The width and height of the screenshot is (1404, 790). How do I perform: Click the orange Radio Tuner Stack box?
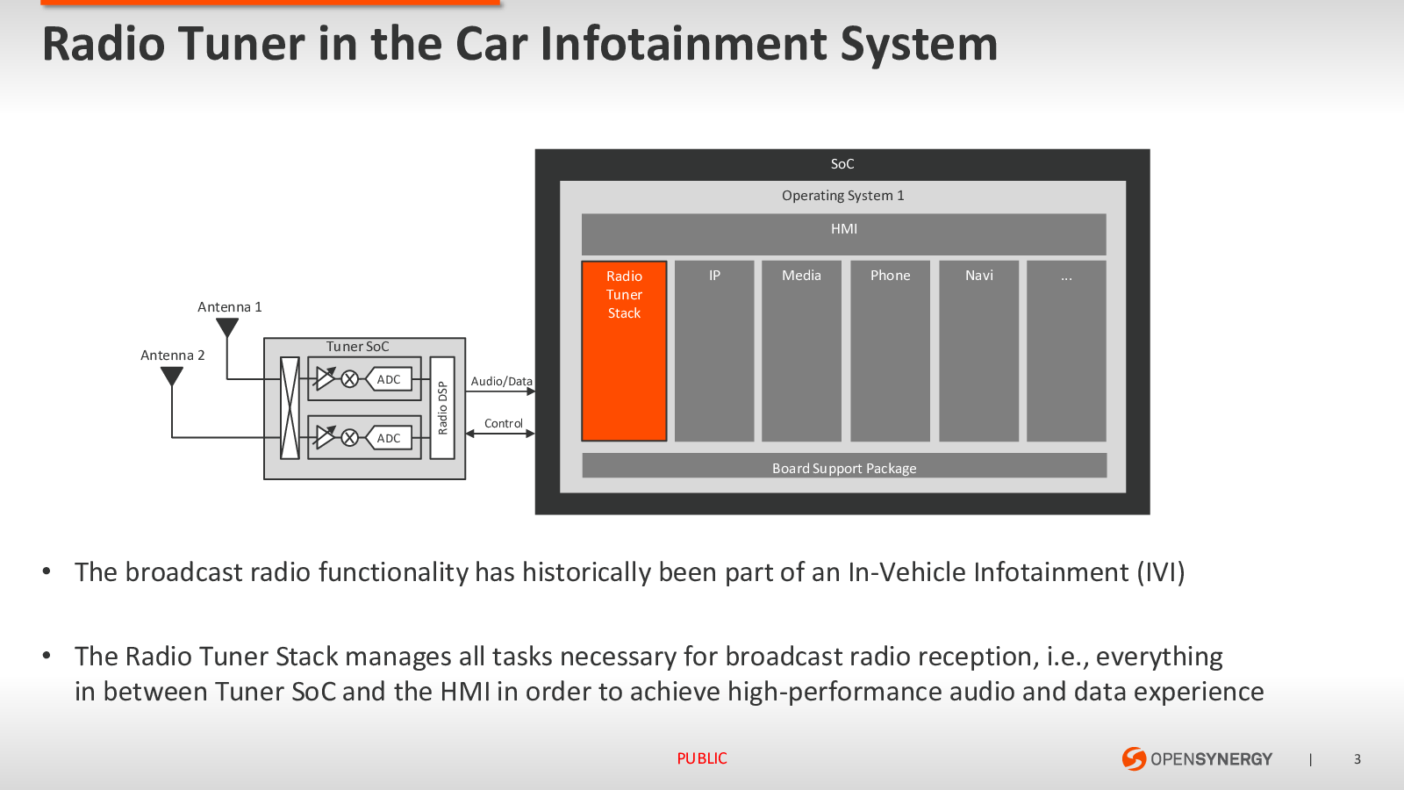point(624,351)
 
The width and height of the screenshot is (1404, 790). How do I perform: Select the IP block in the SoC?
point(714,351)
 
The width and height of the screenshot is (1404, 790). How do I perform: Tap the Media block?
point(801,351)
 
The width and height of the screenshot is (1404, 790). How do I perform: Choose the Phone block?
point(890,351)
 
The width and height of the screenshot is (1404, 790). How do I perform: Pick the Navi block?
point(978,351)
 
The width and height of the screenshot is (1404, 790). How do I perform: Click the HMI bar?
point(843,233)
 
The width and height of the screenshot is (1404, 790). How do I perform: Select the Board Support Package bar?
point(844,466)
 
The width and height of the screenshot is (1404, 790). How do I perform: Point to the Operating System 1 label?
point(842,196)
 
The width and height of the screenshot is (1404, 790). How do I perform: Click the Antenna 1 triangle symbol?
point(227,327)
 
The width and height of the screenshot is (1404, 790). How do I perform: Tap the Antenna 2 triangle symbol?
point(172,376)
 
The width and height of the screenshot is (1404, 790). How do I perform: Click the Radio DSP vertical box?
point(442,407)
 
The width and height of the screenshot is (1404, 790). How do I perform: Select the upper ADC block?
point(389,379)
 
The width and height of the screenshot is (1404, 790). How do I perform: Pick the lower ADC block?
point(389,438)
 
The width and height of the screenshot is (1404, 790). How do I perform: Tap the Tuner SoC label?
point(357,347)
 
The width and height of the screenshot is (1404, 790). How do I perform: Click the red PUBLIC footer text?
point(702,758)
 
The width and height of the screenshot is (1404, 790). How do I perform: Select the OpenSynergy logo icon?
point(1134,758)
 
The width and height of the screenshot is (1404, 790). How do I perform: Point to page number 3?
point(1357,759)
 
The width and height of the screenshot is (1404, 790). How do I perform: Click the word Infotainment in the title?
point(683,44)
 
